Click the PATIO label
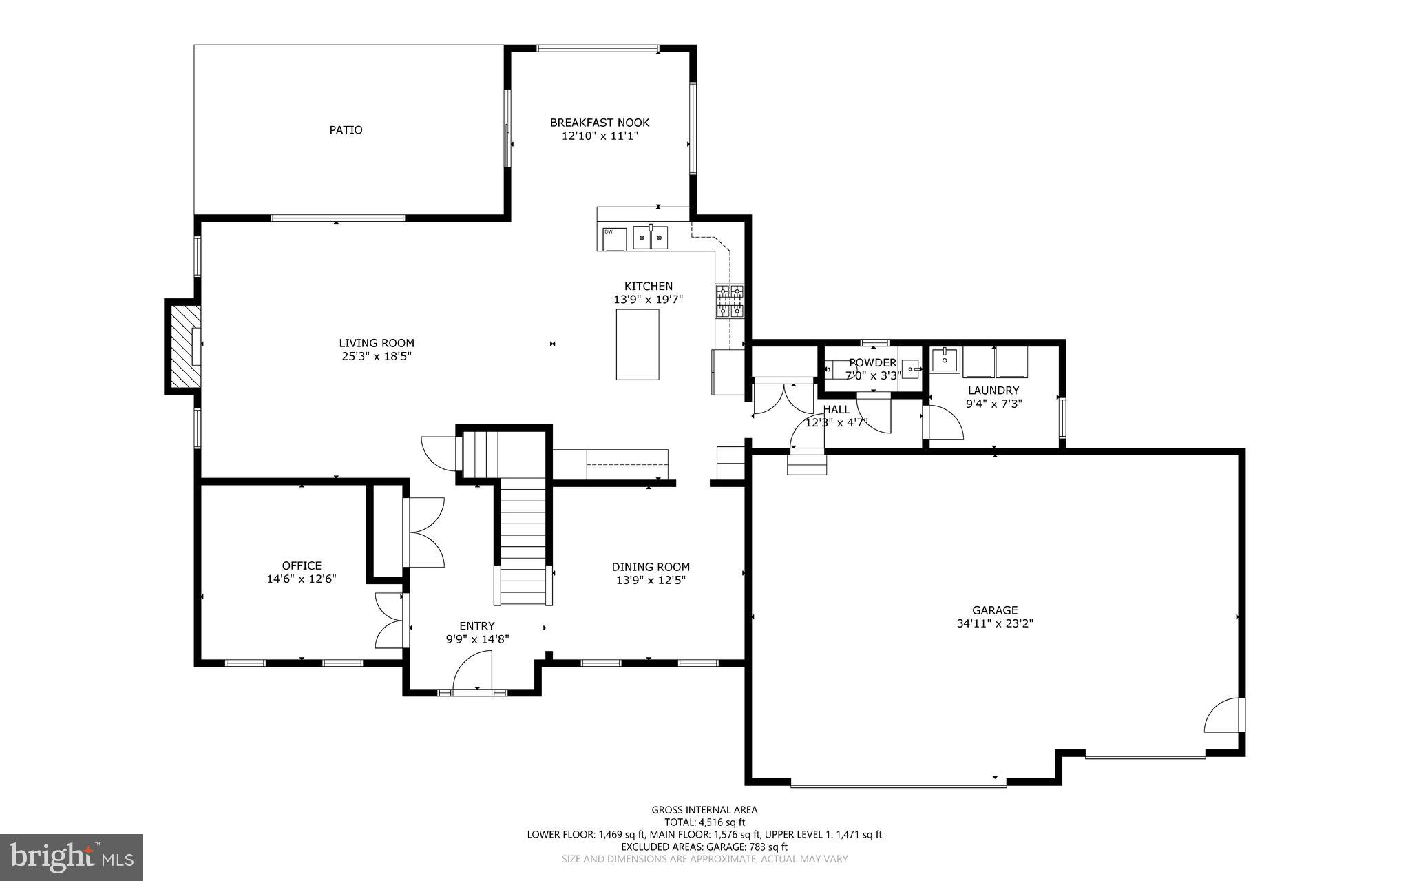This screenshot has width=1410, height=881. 346,129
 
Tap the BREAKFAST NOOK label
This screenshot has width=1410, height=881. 599,123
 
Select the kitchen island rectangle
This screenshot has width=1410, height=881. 637,344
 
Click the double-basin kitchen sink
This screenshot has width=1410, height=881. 650,238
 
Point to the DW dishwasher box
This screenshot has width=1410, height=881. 613,238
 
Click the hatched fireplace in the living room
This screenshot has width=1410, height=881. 182,346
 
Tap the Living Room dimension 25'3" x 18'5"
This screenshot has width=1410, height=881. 377,356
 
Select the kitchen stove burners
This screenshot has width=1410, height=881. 730,301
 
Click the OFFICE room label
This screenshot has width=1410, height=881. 302,566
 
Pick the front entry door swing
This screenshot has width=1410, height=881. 474,672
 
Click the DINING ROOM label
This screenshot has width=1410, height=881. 651,567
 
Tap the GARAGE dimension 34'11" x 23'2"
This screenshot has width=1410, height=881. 995,623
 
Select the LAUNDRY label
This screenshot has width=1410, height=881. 993,390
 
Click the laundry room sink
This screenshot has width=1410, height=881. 945,359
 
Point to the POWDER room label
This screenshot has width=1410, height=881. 872,363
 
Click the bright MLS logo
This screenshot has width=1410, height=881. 72,857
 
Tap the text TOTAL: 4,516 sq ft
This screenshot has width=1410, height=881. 704,822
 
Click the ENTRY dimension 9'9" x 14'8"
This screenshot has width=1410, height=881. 477,639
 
